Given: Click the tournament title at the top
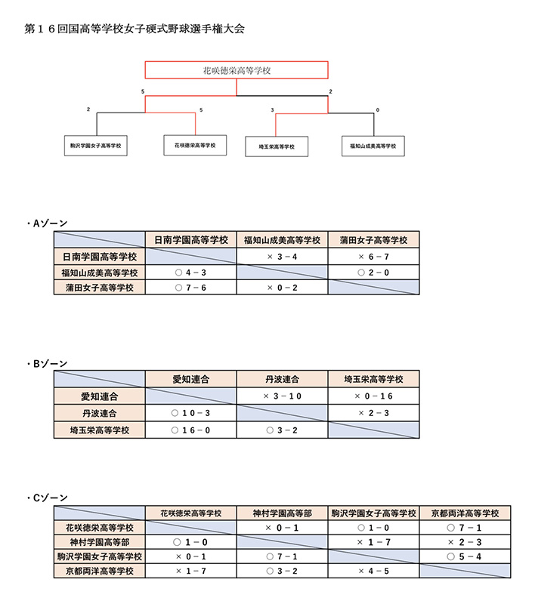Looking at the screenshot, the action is tap(135, 29).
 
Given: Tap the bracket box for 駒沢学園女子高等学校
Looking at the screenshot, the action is tap(96, 146).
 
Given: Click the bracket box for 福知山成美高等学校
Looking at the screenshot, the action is tap(373, 146).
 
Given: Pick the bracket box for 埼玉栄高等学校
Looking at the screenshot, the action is tap(277, 146).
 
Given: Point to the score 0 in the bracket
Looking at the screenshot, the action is tap(378, 109).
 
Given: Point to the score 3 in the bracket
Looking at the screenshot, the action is tap(272, 109).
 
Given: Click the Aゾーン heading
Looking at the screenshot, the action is tap(48, 223).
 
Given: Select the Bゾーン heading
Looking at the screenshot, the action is tap(48, 364).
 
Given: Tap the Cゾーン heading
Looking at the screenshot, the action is tap(48, 498).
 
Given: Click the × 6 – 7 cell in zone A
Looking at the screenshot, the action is tap(374, 256).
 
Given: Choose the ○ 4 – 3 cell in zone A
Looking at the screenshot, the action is tap(190, 273).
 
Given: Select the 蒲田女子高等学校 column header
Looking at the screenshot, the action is tap(374, 240).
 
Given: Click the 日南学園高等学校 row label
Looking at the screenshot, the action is tap(100, 256).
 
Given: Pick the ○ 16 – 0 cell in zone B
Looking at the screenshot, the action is tap(190, 430).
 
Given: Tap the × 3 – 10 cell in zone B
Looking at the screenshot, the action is tap(282, 396).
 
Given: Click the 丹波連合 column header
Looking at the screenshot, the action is tap(282, 379).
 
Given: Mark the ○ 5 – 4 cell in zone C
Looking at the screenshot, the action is tap(465, 556).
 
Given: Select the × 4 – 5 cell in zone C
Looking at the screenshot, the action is tap(374, 571).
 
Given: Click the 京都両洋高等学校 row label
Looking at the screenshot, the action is tap(100, 571).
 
